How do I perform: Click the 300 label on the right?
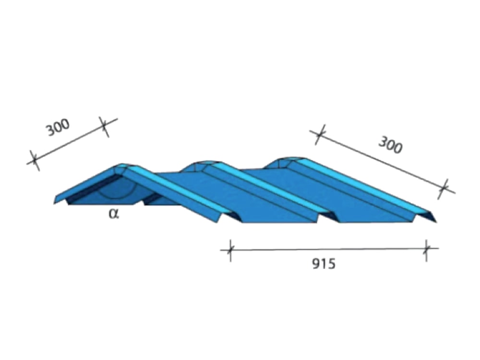[390, 145]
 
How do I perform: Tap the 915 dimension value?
[324, 264]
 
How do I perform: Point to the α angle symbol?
[114, 214]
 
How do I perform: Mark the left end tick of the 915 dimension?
[230, 251]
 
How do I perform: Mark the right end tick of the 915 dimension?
[426, 249]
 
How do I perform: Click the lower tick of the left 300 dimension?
[35, 160]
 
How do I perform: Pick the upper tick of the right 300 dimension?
[320, 134]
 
